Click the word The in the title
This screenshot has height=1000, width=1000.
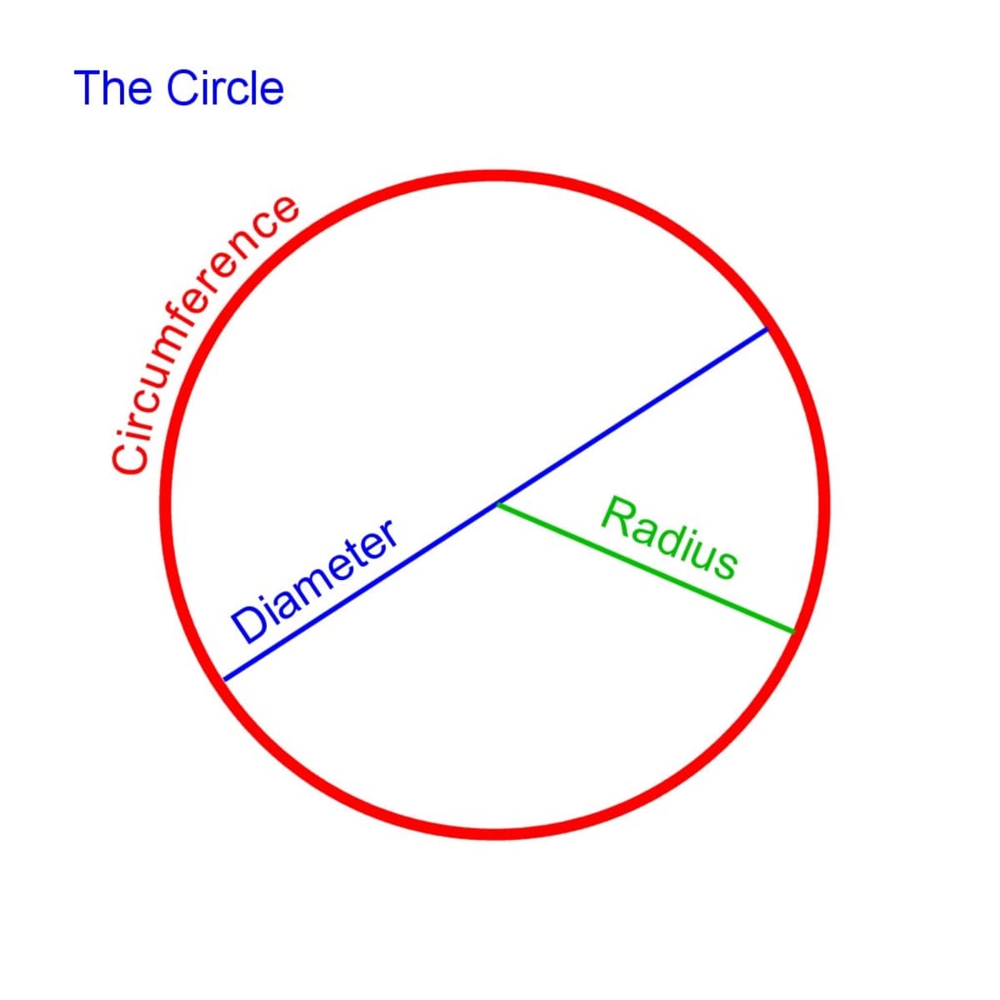pyautogui.click(x=113, y=88)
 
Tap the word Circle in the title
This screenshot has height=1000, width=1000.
pyautogui.click(x=225, y=88)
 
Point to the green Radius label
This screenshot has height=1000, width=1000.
pyautogui.click(x=670, y=537)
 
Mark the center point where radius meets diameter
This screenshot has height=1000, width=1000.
pyautogui.click(x=497, y=504)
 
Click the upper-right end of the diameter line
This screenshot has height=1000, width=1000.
pyautogui.click(x=767, y=329)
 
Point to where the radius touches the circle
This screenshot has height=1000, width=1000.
pyautogui.click(x=792, y=632)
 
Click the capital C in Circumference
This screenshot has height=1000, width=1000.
pyautogui.click(x=129, y=457)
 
